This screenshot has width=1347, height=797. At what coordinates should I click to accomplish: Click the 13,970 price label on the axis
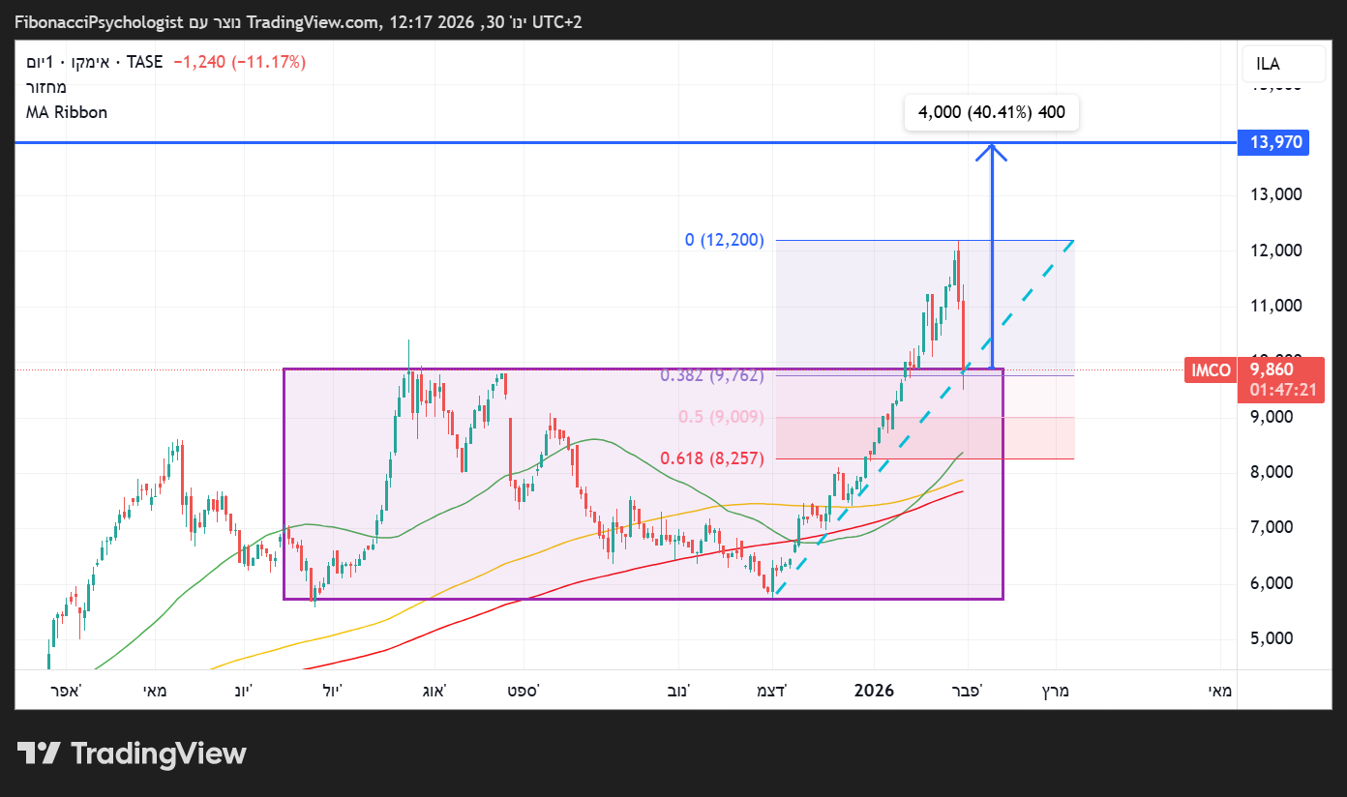(x=1276, y=143)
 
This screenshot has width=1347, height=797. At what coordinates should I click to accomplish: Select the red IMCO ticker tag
(x=1211, y=369)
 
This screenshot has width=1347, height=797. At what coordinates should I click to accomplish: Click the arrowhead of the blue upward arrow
(x=992, y=150)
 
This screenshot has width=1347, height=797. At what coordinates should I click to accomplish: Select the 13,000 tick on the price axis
(x=1275, y=194)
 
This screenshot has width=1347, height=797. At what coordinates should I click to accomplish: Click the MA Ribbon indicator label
(x=67, y=112)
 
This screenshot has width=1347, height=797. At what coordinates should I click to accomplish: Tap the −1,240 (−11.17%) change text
(x=239, y=62)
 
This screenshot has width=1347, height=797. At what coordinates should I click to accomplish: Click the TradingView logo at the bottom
(x=132, y=753)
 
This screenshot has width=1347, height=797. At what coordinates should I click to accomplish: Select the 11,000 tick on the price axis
(x=1275, y=306)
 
